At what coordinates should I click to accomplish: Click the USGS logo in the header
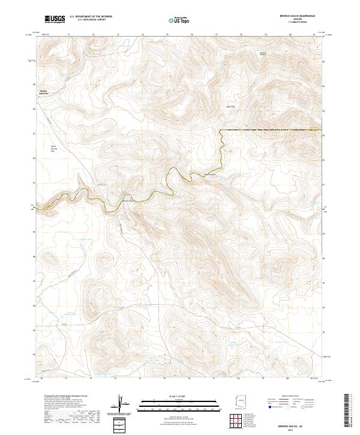pyautogui.click(x=55, y=20)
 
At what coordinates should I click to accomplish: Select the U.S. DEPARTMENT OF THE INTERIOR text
pyautogui.click(x=90, y=17)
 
